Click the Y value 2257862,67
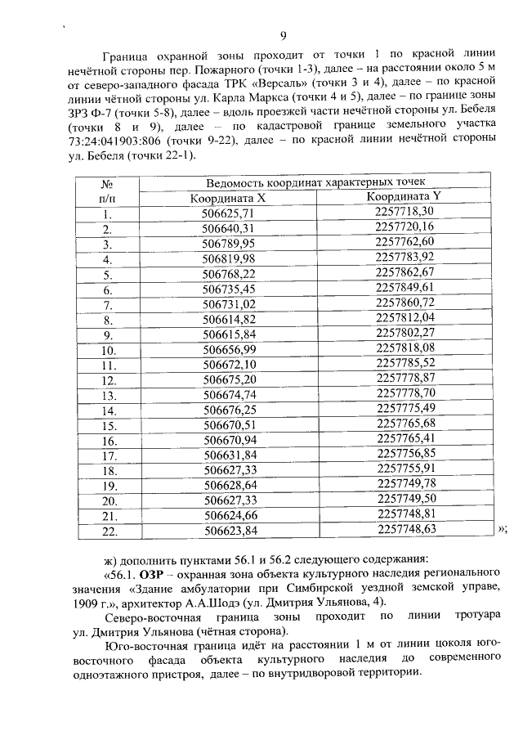(x=404, y=272)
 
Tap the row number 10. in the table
(x=106, y=350)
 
